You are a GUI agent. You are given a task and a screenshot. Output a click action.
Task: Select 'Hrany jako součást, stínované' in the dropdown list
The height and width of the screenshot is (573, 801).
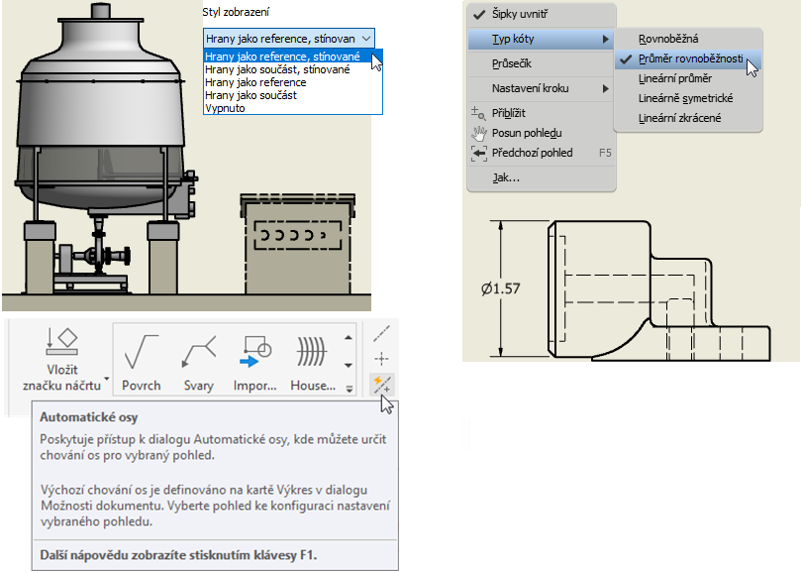[x=277, y=69]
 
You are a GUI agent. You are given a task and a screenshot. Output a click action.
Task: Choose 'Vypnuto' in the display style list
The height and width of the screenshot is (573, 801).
[x=225, y=108]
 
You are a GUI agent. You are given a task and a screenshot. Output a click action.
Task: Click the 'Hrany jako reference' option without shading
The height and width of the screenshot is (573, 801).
[x=255, y=82]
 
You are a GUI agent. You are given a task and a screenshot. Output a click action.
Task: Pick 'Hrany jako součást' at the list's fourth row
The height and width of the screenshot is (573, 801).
[x=250, y=95]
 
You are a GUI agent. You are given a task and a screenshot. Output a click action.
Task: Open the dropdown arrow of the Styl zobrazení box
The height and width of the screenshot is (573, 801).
[x=366, y=39]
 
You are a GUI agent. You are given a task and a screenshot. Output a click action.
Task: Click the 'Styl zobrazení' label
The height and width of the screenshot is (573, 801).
[x=236, y=12]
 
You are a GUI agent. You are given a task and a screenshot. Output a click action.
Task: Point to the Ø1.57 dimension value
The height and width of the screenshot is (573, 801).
[x=501, y=289]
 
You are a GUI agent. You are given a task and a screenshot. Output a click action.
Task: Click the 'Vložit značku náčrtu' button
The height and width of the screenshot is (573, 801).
[x=61, y=360]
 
